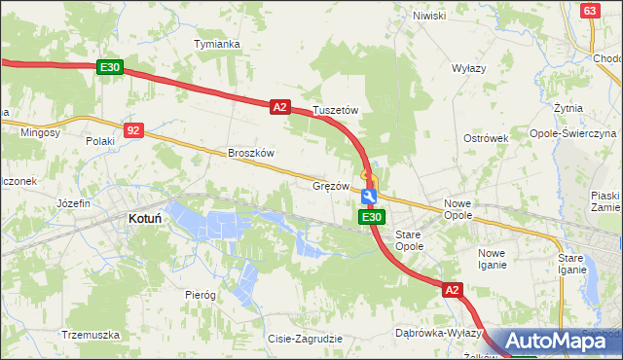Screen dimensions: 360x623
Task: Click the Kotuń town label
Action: coord(144,220)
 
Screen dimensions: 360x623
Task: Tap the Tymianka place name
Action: coord(216,45)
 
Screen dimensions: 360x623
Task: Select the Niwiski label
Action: coord(428,16)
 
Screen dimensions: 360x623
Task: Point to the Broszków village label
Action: coord(252,153)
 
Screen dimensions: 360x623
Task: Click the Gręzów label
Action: coord(330,185)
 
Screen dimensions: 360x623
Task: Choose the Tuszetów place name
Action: coord(336,111)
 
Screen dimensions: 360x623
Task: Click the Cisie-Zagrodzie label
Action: coord(305,339)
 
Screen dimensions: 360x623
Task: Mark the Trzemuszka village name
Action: coord(90,335)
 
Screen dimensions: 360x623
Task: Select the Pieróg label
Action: coord(200,293)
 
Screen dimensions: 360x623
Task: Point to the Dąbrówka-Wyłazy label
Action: coord(439,333)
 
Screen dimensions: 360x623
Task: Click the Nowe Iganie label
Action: coord(492,259)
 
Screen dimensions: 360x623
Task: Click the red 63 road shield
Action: coord(590,10)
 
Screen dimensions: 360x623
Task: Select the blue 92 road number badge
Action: coord(134,128)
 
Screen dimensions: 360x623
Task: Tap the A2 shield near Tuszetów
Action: coord(280,107)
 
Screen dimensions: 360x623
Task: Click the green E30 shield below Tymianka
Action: coord(110,67)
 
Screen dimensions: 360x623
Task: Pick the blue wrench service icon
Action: coord(369,197)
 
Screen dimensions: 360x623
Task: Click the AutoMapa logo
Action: coord(562,341)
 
